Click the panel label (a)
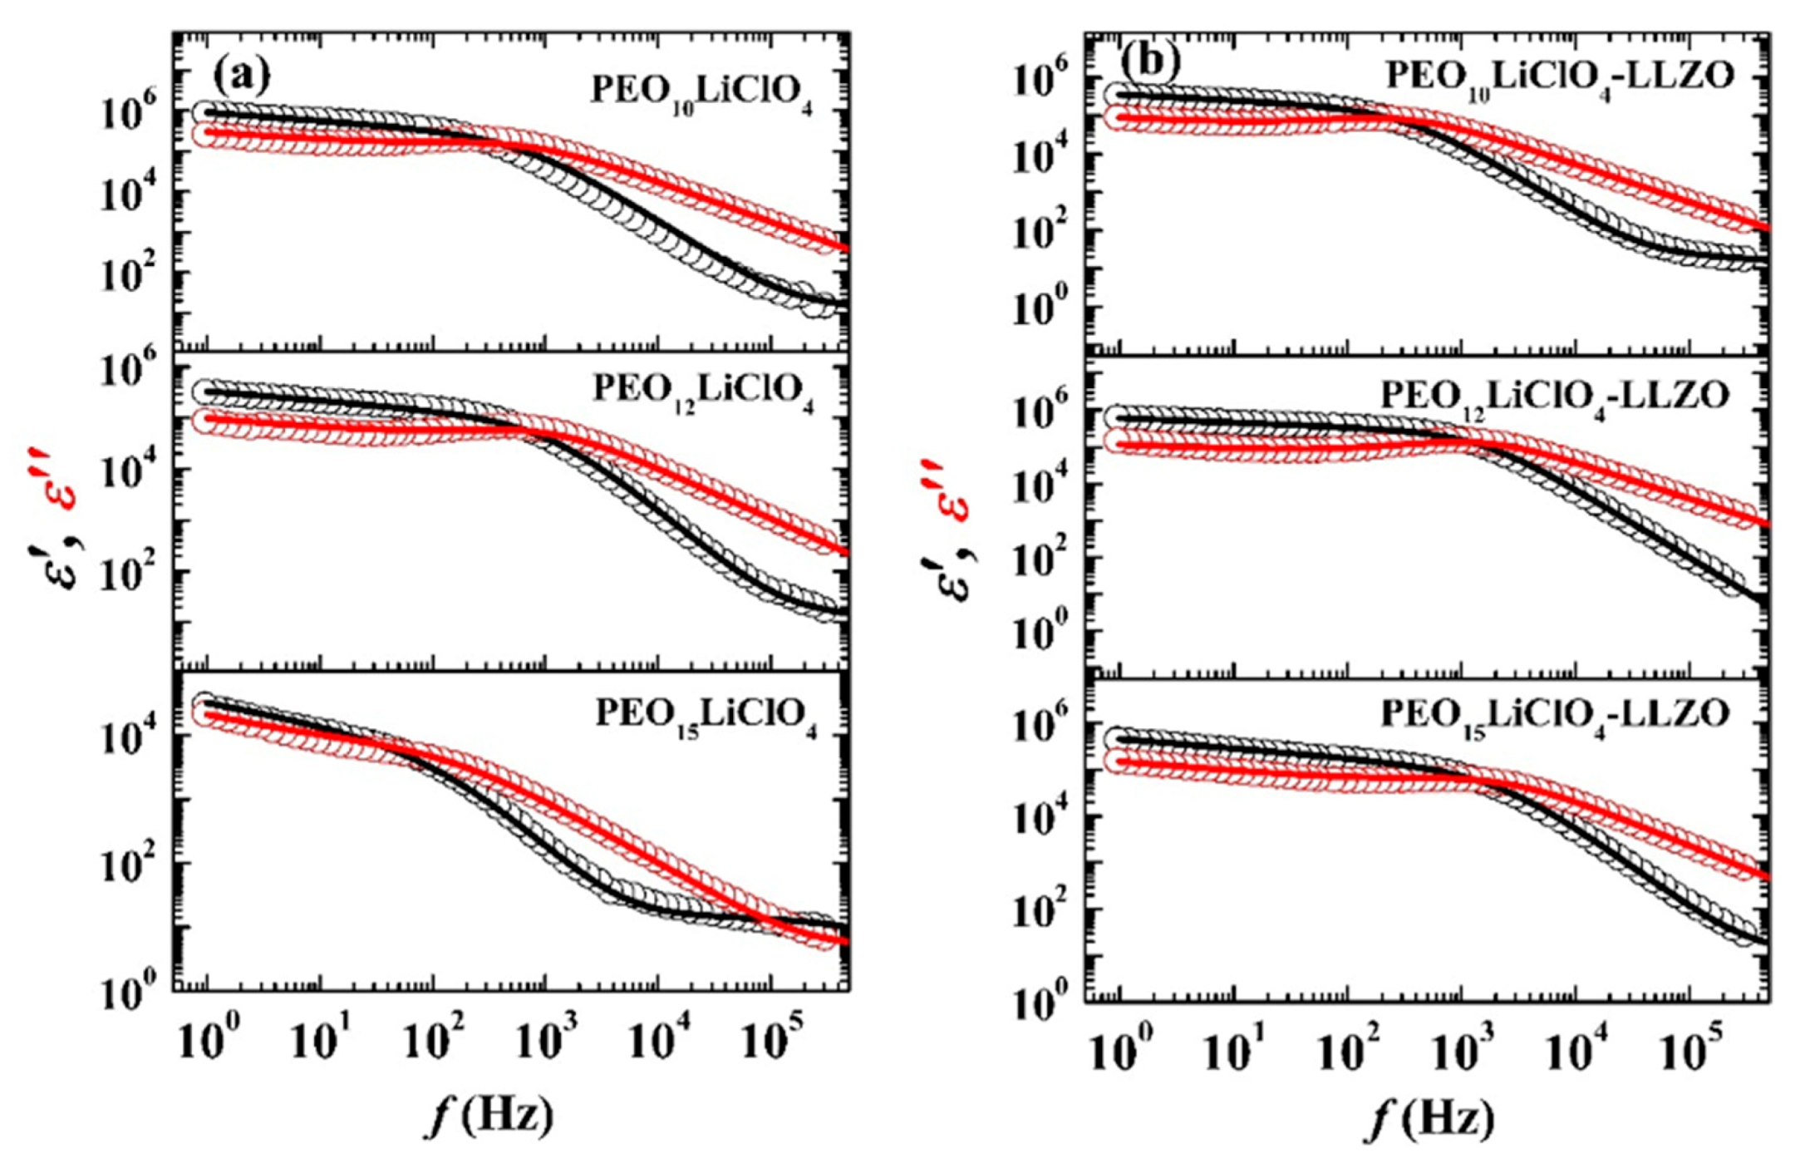click(x=241, y=76)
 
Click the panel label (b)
click(x=1150, y=61)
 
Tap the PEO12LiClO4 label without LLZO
click(x=703, y=391)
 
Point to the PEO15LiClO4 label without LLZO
click(x=706, y=716)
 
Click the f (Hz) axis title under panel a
click(x=489, y=1114)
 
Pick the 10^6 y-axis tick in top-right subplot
click(x=1040, y=84)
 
